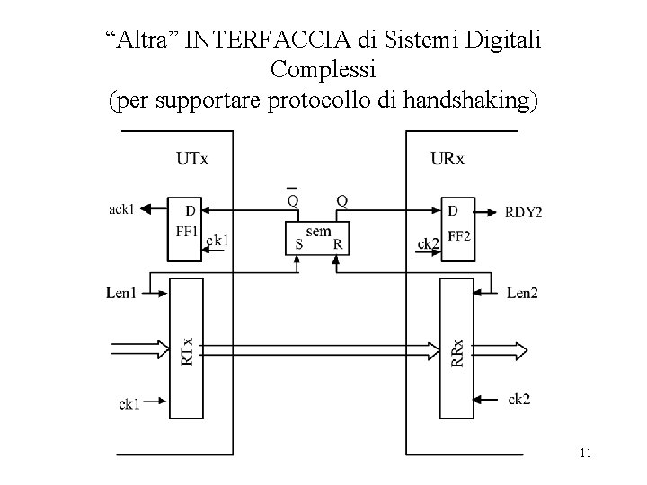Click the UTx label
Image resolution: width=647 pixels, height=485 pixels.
click(x=192, y=160)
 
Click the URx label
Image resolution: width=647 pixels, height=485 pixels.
click(x=447, y=160)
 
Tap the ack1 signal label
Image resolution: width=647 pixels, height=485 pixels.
click(x=121, y=210)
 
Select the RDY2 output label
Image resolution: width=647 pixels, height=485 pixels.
click(x=523, y=212)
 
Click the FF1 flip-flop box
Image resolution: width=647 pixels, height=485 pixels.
click(x=186, y=229)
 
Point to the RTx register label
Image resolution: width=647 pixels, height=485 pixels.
click(x=187, y=350)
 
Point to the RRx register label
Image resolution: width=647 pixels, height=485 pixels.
click(x=456, y=350)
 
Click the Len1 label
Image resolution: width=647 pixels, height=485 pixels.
click(x=120, y=292)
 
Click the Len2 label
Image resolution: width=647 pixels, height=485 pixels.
click(x=522, y=292)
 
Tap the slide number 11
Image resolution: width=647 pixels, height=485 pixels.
click(x=585, y=454)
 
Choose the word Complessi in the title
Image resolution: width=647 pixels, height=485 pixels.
click(x=323, y=70)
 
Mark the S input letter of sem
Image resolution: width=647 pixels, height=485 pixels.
click(x=298, y=243)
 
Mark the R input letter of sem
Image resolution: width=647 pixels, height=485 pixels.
click(x=337, y=243)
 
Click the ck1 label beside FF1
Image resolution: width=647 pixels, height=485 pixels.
click(x=217, y=241)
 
